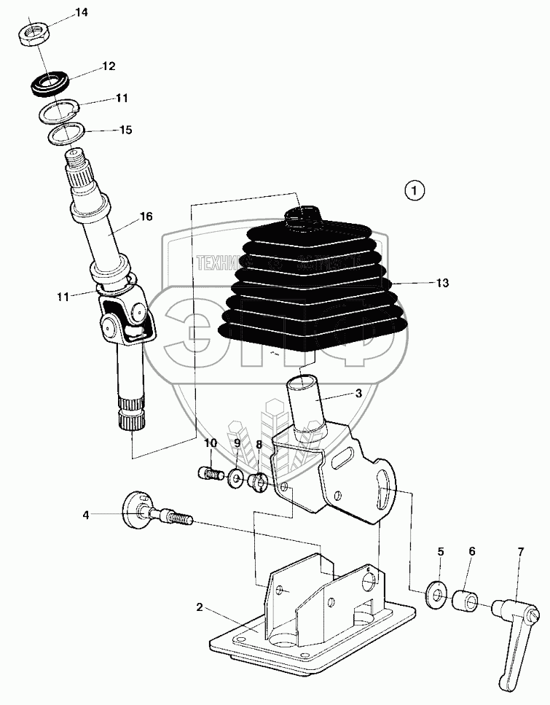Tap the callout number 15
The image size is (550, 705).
coord(126,131)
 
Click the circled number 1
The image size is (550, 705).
coord(414,191)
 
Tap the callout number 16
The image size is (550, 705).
coord(146,217)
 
